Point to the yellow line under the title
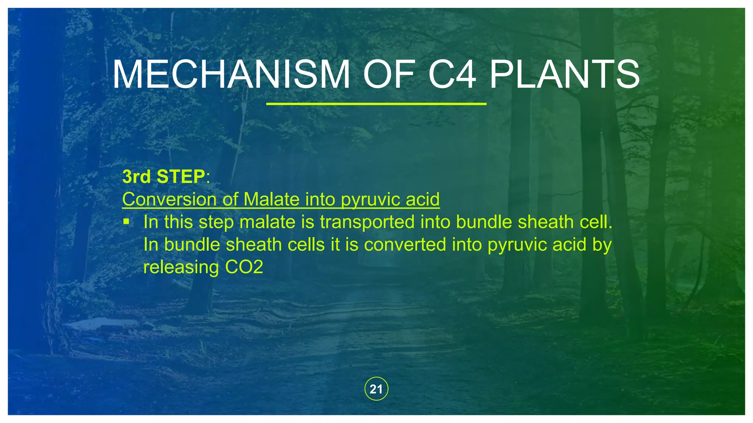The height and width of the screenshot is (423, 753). (376, 104)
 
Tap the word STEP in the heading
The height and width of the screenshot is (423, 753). (181, 177)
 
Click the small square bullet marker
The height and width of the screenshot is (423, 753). (126, 221)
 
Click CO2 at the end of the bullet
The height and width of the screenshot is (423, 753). (244, 267)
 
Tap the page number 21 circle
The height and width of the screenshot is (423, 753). (376, 389)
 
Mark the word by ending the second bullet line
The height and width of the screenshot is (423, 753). (602, 245)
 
